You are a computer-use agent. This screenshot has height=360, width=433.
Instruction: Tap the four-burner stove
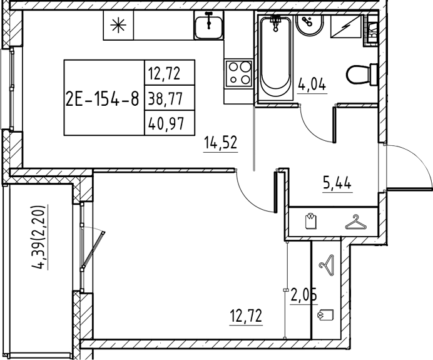tap(239, 73)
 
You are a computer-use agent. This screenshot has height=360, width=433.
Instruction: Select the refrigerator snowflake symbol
tap(118, 25)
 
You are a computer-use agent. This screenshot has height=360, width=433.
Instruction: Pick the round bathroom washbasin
tap(310, 24)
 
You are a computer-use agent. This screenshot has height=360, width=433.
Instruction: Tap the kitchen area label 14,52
tap(221, 143)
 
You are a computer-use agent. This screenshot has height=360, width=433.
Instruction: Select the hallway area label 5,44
tap(337, 183)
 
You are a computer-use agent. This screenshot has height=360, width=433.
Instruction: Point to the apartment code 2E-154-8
tap(103, 98)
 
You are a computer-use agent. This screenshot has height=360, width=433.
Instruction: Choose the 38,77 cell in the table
tap(166, 98)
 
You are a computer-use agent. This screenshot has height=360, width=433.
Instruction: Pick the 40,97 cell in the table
tap(166, 123)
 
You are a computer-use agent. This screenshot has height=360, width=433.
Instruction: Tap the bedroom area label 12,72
tap(246, 316)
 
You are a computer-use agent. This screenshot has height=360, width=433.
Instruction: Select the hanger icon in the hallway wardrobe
tap(355, 223)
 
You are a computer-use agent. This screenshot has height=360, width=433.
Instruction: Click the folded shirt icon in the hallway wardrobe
tap(311, 220)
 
